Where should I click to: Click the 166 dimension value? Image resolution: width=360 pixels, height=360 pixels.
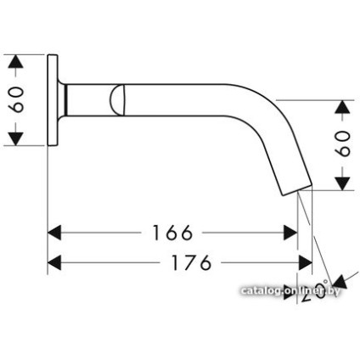(x=172, y=232)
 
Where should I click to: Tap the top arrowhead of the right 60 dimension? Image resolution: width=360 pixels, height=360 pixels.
(x=342, y=107)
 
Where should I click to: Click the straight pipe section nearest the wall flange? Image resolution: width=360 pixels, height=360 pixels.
(x=88, y=101)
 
